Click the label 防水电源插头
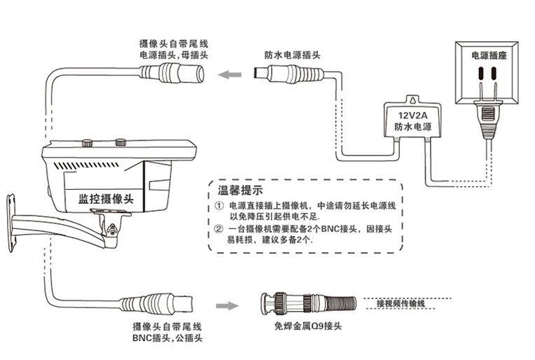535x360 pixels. coord(292,55)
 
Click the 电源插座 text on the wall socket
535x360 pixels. coord(487,54)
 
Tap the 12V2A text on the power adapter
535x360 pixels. coord(413,114)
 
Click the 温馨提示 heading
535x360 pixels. coord(235,191)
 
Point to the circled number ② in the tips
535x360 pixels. coord(218,228)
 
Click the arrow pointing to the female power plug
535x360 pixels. coord(228,73)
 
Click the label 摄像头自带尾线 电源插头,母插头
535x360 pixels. coord(174,49)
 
